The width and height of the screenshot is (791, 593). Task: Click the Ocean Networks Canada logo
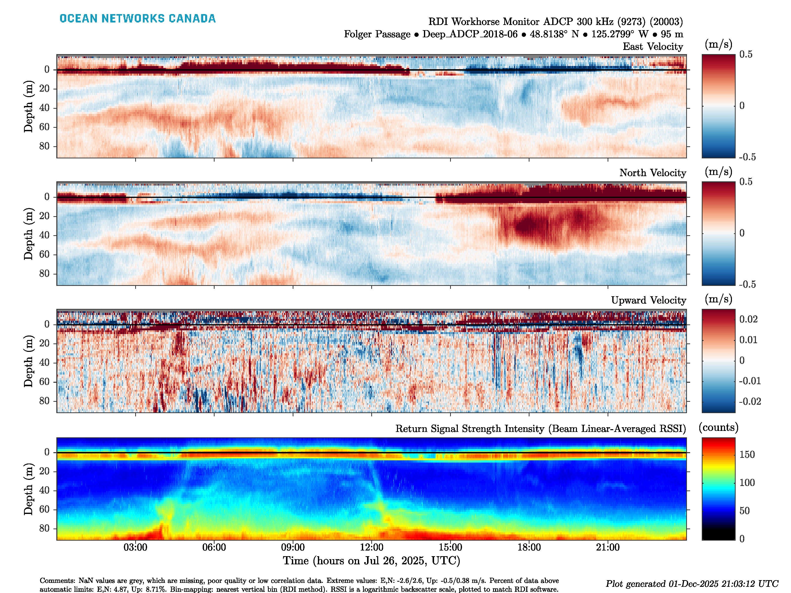138,19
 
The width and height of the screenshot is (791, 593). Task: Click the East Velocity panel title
653,46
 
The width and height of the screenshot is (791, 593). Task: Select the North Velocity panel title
653,173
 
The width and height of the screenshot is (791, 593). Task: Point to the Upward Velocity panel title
648,300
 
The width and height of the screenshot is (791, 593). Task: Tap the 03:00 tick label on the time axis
135,547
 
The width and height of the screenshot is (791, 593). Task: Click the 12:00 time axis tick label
372,547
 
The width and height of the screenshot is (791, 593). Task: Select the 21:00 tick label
608,547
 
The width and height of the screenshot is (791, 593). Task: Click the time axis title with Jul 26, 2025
372,560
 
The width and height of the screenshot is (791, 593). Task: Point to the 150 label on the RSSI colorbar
747,455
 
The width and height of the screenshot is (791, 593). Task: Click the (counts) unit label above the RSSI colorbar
718,427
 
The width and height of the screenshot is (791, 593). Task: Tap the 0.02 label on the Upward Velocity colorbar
748,319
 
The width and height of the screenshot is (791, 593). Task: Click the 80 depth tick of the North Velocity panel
44,274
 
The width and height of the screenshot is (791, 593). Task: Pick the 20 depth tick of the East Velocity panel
44,89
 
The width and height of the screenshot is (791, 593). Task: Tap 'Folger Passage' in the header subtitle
377,34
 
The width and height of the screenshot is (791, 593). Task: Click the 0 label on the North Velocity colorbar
742,233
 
